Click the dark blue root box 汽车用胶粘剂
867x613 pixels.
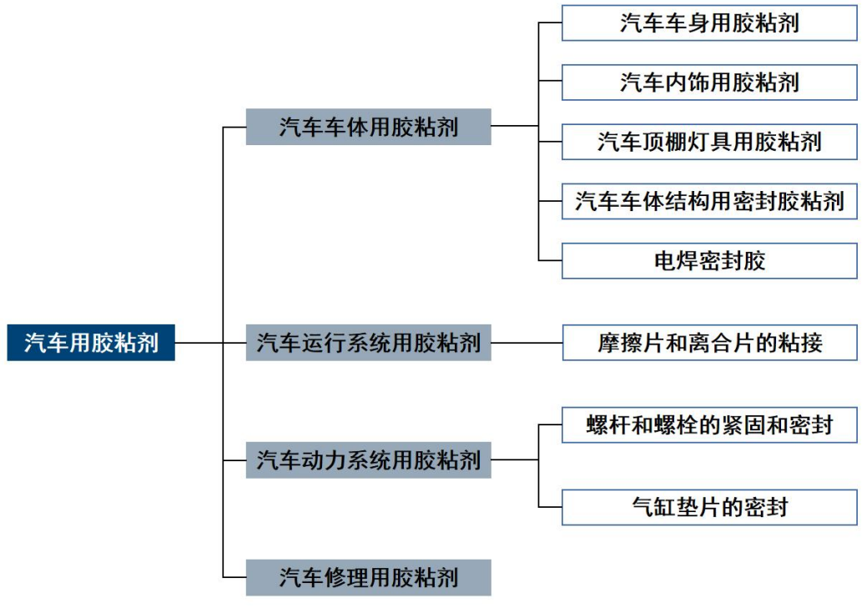click(x=91, y=342)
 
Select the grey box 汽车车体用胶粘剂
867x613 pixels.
click(x=368, y=127)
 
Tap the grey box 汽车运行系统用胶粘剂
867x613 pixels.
click(x=368, y=342)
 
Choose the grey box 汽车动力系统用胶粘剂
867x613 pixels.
click(x=368, y=460)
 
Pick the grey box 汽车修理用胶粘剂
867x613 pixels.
click(x=368, y=577)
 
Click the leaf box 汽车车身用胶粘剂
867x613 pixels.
click(x=709, y=23)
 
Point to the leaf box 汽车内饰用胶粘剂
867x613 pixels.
click(x=709, y=82)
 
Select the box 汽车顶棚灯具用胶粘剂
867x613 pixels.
click(x=709, y=142)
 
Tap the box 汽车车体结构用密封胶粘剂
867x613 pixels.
click(x=709, y=201)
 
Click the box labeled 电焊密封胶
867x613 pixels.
click(x=709, y=261)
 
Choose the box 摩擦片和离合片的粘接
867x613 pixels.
click(x=709, y=342)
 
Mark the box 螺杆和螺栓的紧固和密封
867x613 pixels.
click(x=709, y=425)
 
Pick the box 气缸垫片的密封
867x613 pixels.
click(x=709, y=507)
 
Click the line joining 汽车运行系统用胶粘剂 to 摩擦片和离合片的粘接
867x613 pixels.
click(x=527, y=342)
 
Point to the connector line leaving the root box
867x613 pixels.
click(x=199, y=342)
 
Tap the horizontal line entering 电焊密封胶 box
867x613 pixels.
click(x=551, y=261)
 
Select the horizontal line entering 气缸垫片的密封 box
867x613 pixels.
click(x=551, y=507)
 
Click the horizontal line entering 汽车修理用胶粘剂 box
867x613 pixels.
click(x=234, y=577)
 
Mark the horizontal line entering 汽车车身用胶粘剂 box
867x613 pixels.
click(x=551, y=23)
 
